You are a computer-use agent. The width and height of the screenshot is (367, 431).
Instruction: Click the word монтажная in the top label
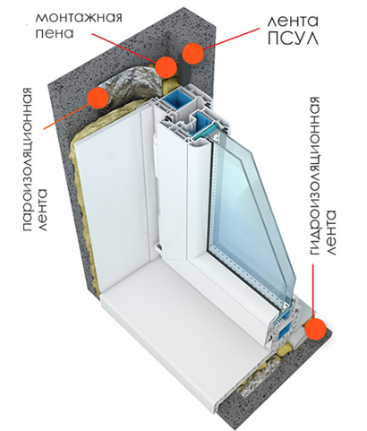tap(79, 18)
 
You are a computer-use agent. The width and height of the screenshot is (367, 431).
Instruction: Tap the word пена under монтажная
tap(55, 33)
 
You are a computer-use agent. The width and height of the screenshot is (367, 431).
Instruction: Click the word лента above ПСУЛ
tap(292, 21)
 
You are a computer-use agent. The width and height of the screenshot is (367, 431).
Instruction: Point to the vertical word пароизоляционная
tap(28, 159)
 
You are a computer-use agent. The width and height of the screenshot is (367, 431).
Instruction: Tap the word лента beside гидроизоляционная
tap(331, 232)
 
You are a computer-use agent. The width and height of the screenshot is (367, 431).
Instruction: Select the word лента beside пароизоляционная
tap(43, 210)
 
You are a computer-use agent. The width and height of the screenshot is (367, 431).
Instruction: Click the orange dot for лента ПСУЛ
tap(193, 53)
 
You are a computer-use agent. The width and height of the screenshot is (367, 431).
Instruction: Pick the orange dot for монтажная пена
tap(166, 67)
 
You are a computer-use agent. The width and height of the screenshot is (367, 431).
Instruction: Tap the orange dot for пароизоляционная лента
tap(98, 98)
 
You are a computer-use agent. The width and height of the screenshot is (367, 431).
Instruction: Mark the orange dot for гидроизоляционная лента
tap(316, 329)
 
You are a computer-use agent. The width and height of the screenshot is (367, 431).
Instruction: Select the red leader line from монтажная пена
tap(124, 48)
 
